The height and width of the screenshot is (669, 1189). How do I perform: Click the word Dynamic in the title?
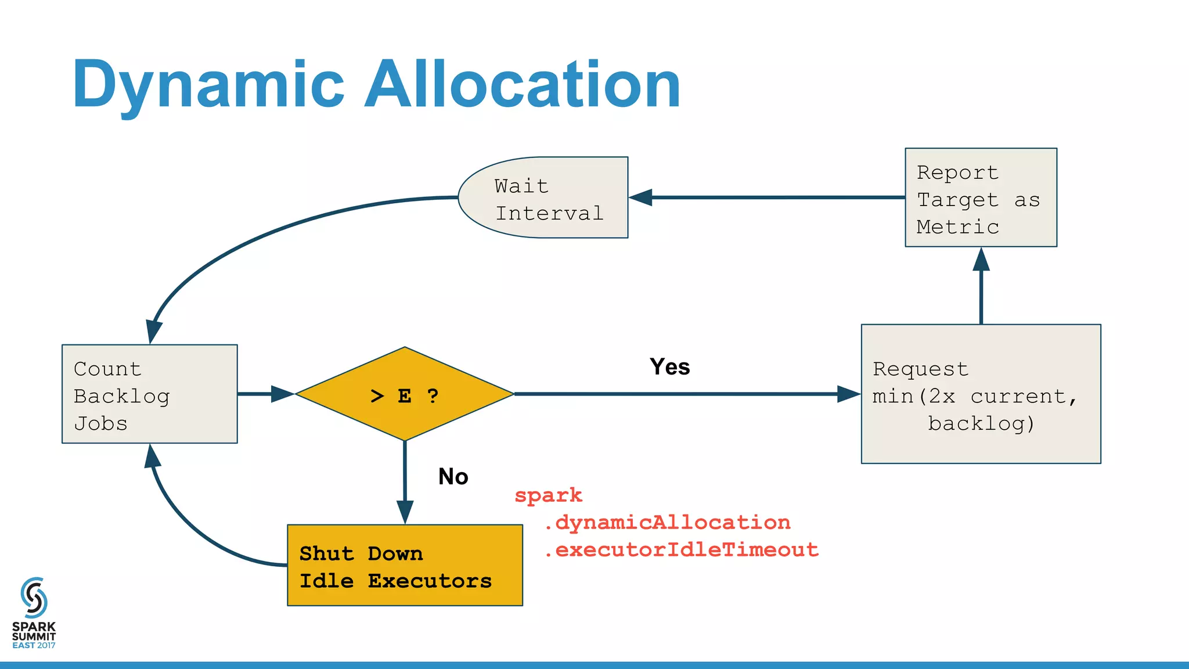[x=208, y=86]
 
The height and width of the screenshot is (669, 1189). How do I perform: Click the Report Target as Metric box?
[x=981, y=198]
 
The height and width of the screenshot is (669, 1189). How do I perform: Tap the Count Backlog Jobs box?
[x=149, y=394]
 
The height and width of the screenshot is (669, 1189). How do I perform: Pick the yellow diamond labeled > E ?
[x=405, y=394]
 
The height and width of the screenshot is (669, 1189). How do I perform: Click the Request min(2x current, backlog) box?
[x=981, y=394]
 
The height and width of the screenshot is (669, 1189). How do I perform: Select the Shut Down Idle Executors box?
[x=405, y=566]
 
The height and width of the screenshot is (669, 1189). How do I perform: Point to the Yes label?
[x=669, y=367]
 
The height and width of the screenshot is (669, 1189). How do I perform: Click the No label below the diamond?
[x=453, y=477]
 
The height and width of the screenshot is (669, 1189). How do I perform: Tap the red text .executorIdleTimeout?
[x=680, y=549]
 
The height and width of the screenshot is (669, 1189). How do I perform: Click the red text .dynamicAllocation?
[x=666, y=522]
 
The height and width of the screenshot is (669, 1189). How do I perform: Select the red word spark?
[x=548, y=495]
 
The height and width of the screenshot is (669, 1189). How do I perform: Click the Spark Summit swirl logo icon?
[x=34, y=598]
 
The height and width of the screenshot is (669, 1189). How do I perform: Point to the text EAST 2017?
[x=34, y=645]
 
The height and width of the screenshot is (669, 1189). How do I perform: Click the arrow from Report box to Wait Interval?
[x=772, y=197]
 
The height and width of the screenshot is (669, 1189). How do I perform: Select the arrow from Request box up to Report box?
[x=981, y=290]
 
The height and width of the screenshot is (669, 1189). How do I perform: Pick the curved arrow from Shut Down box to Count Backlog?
[x=192, y=526]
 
